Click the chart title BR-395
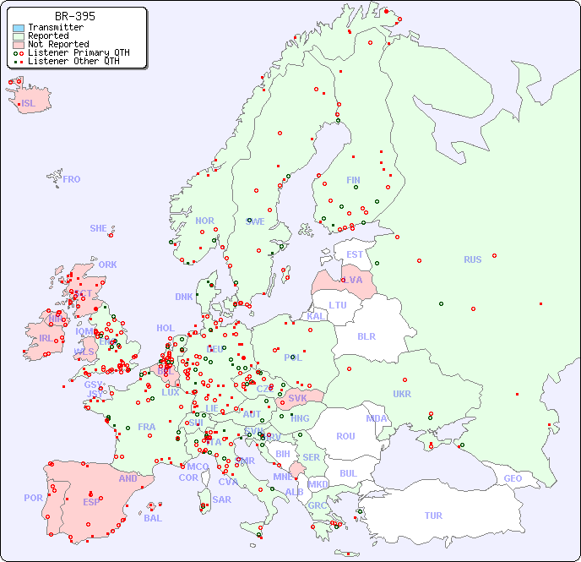[x=74, y=16]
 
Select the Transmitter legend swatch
[x=19, y=28]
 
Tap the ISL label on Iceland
[x=28, y=104]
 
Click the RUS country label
[x=472, y=259]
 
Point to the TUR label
[x=433, y=516]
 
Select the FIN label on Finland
[x=353, y=180]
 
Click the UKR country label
[x=402, y=394]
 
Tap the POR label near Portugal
[x=33, y=498]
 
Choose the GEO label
[x=513, y=478]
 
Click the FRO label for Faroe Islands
[x=72, y=179]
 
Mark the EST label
[x=355, y=254]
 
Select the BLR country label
[x=366, y=336]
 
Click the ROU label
[x=345, y=436]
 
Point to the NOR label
[x=204, y=221]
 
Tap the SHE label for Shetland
[x=99, y=228]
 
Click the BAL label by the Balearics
[x=152, y=518]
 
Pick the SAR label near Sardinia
[x=221, y=499]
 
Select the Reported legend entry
[x=48, y=36]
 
